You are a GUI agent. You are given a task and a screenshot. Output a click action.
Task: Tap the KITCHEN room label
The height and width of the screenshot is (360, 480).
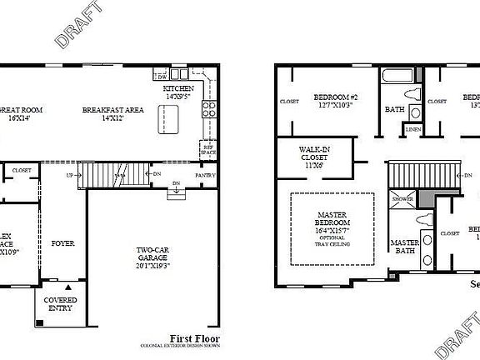pyautogui.click(x=179, y=88)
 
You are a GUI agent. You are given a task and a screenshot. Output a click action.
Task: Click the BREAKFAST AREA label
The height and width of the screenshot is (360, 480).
pyautogui.click(x=114, y=109)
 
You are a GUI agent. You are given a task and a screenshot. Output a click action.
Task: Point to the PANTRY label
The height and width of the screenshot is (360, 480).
pyautogui.click(x=206, y=176)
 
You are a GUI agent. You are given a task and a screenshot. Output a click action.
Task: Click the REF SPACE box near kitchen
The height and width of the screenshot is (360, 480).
pyautogui.click(x=208, y=150)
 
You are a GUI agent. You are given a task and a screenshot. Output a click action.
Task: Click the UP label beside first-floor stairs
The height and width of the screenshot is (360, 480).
pyautogui.click(x=70, y=175)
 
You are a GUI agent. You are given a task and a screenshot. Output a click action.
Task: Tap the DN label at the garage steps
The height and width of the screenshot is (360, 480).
pyautogui.click(x=176, y=182)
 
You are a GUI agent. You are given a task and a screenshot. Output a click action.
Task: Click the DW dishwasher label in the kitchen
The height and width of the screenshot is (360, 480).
pyautogui.click(x=162, y=77)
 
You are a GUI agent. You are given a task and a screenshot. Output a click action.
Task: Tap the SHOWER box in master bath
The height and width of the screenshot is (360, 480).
pyautogui.click(x=402, y=200)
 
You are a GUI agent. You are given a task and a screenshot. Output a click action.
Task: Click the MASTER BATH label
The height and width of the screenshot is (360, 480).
pyautogui.click(x=404, y=247)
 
